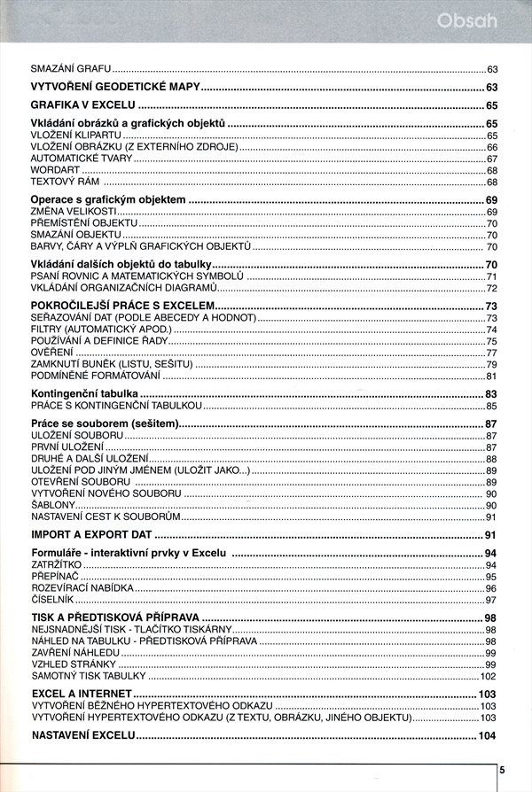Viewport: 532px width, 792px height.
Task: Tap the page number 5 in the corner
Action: (x=502, y=770)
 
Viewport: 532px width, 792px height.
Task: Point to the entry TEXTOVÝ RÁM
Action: (x=59, y=182)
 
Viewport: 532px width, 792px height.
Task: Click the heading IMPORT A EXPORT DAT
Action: (x=91, y=535)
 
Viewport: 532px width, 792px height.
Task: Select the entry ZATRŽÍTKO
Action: (x=55, y=565)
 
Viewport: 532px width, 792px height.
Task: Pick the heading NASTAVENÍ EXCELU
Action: (x=82, y=736)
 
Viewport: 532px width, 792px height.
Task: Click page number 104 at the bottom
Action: (x=487, y=736)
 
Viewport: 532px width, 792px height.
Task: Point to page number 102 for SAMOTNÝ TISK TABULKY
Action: (x=488, y=676)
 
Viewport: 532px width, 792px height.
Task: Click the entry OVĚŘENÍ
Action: (x=51, y=353)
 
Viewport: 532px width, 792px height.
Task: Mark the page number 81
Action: (x=490, y=377)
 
